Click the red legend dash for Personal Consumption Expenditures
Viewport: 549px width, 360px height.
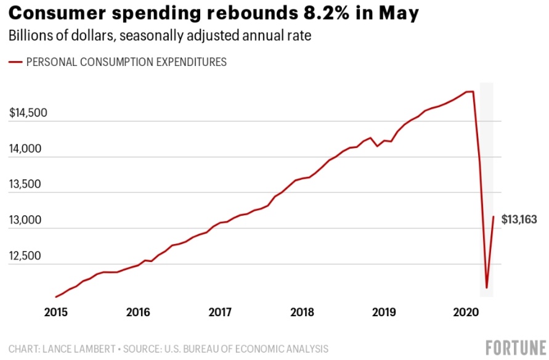click(x=15, y=62)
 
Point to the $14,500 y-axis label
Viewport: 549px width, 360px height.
click(x=28, y=113)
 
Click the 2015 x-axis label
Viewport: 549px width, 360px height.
click(x=56, y=313)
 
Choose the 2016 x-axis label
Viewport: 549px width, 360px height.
click(x=138, y=313)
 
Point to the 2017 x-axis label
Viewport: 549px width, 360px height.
click(x=220, y=313)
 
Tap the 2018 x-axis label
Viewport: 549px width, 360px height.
click(x=302, y=313)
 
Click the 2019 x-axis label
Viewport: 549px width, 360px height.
click(x=384, y=313)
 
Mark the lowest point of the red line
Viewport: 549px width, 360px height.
click(x=486, y=288)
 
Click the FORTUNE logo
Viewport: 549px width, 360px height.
click(x=515, y=348)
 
